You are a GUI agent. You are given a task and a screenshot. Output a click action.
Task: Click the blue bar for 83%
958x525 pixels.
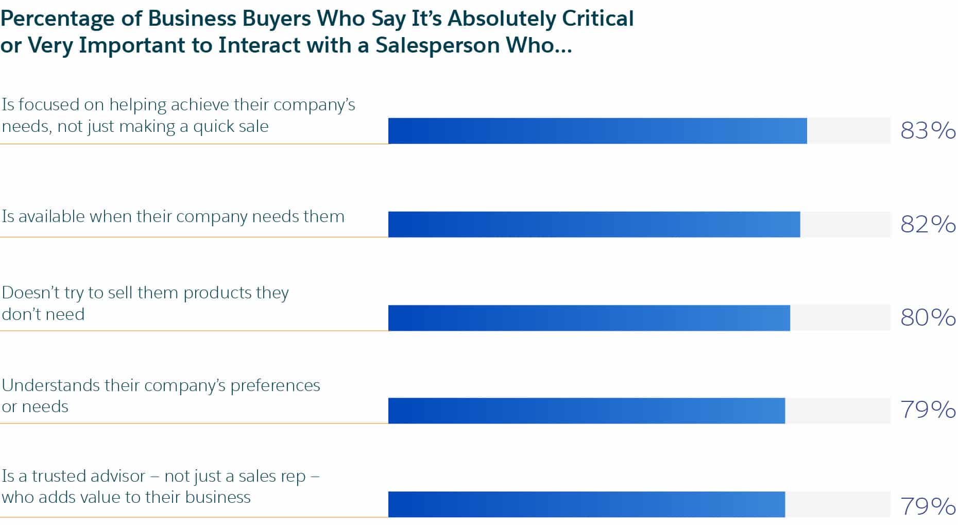597,131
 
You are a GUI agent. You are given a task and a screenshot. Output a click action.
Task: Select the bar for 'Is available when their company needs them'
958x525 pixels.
594,224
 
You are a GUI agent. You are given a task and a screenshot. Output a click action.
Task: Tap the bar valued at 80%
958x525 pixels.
589,318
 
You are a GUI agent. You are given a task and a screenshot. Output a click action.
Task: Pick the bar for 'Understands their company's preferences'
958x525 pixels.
586,411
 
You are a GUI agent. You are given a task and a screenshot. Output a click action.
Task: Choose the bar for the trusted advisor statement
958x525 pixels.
586,504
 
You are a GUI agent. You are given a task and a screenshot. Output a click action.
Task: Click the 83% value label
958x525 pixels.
928,131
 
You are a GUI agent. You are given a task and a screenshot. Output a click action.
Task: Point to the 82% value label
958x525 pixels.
928,224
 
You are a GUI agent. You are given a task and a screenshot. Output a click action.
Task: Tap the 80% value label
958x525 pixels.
928,317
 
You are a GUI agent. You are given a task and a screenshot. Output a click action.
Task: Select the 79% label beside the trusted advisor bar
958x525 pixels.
928,506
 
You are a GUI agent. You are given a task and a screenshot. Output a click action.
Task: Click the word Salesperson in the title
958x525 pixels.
437,45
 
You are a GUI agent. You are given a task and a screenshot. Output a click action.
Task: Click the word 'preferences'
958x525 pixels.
275,385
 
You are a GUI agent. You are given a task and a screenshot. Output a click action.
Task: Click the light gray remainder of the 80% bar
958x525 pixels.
840,318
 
